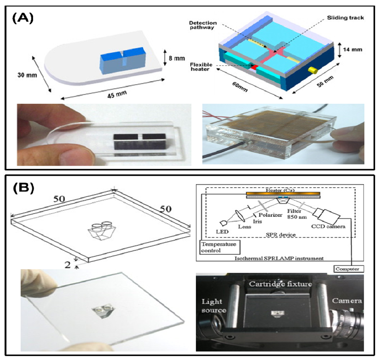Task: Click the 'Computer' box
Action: (347, 268)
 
